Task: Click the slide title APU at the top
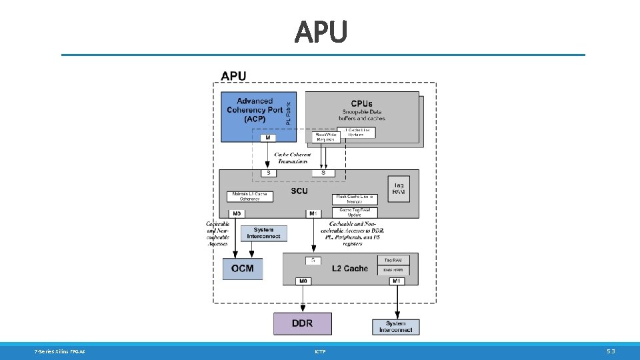click(x=321, y=31)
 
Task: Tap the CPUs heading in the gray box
click(x=361, y=104)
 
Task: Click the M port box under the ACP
click(x=267, y=138)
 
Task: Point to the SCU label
click(x=299, y=191)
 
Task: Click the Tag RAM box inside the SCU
click(x=399, y=188)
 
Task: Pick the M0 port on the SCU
click(x=238, y=213)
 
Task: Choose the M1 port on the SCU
click(x=314, y=213)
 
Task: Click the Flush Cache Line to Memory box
click(x=355, y=199)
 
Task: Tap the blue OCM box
click(x=243, y=268)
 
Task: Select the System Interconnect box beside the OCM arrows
click(x=264, y=233)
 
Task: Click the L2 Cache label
click(x=350, y=269)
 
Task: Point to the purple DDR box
click(x=302, y=323)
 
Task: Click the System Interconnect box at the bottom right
click(x=396, y=327)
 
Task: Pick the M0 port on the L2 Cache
click(x=303, y=281)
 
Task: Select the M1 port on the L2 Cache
click(x=397, y=281)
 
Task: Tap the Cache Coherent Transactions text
click(x=293, y=158)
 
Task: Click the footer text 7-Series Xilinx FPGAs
click(x=59, y=351)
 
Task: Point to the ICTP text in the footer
click(x=319, y=351)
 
